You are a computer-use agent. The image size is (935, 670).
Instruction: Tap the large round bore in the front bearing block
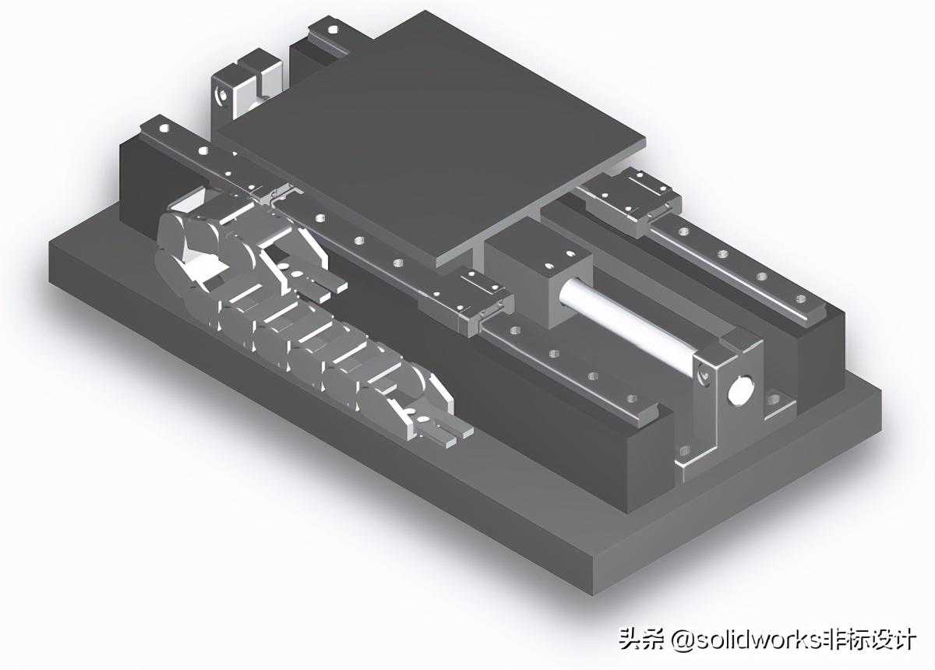pos(739,391)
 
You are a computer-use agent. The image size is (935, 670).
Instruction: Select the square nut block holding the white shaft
pos(538,270)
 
